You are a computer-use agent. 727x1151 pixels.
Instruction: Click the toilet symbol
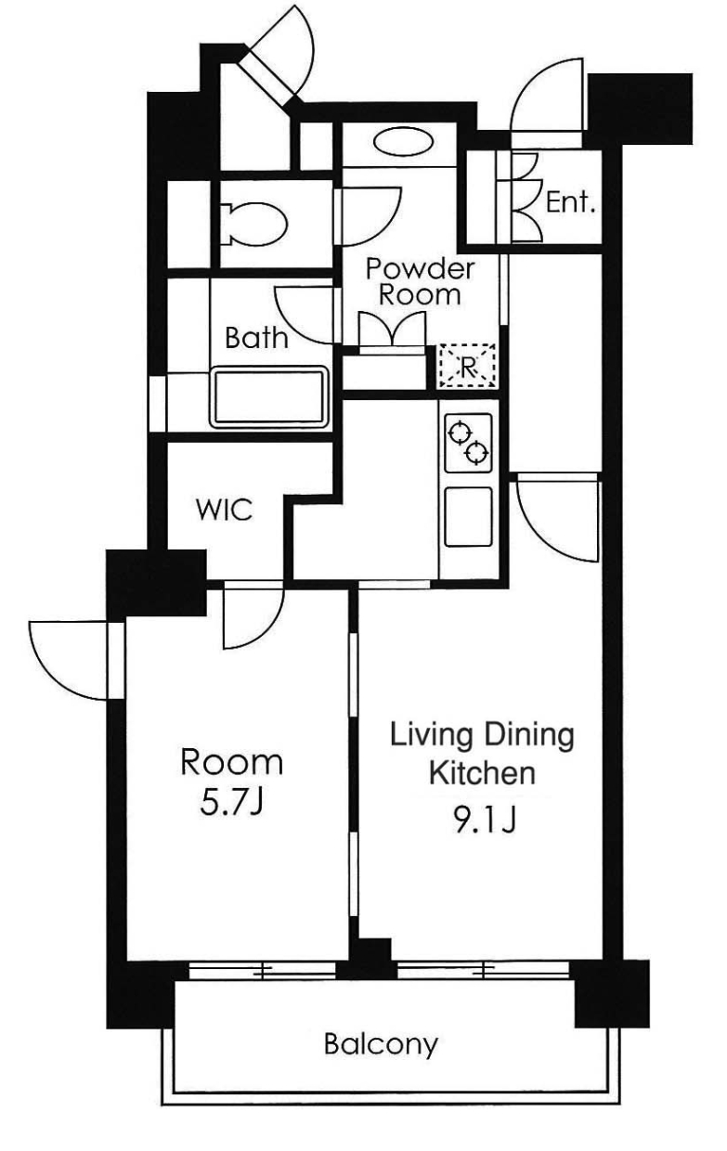point(254,224)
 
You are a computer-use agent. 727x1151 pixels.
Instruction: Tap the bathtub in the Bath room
point(268,396)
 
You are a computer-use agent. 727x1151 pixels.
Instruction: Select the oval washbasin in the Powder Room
point(403,142)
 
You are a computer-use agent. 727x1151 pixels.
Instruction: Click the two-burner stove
point(468,442)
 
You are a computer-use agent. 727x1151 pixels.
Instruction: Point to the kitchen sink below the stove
point(468,516)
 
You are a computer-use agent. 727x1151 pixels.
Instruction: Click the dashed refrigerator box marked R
point(466,366)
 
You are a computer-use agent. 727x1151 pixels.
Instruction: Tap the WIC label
point(225,511)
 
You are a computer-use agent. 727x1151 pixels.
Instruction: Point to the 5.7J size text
point(232,804)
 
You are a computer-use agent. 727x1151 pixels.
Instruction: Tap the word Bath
point(256,338)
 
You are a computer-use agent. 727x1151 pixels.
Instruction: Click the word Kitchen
point(482,773)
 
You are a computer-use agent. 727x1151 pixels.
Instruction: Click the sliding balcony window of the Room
point(262,970)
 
